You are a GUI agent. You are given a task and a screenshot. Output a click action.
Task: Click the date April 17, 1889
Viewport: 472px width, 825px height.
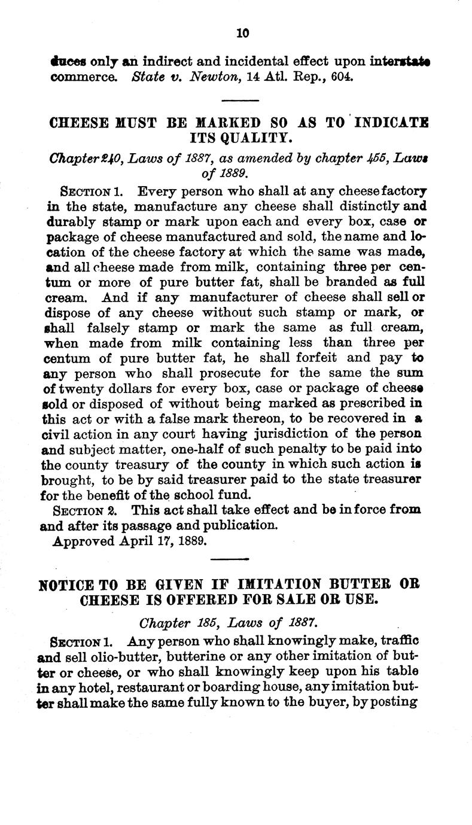[x=165, y=541]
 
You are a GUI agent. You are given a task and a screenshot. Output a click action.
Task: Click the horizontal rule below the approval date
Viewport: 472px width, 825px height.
[x=231, y=559]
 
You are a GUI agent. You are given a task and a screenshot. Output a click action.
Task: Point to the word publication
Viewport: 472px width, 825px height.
[x=242, y=526]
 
